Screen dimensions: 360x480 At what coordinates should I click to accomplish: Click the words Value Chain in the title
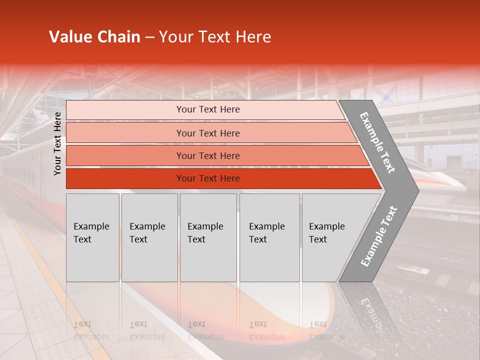[94, 37]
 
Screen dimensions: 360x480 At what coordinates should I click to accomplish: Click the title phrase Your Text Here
[215, 37]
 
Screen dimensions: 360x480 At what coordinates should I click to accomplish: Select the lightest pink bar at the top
[125, 110]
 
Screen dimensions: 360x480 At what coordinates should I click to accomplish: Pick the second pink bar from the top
[125, 133]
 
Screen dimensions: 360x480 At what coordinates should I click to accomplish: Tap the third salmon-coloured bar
[125, 155]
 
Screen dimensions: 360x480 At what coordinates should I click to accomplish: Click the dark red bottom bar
[125, 178]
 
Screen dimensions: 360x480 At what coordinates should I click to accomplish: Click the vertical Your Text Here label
[57, 143]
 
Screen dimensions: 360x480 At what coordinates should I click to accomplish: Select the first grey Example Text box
[92, 237]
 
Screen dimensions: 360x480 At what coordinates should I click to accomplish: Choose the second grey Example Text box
[149, 237]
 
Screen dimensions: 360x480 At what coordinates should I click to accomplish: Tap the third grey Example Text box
[208, 237]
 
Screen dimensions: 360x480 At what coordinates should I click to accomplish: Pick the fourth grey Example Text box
[269, 237]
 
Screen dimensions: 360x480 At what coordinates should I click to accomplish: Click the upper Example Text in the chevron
[377, 142]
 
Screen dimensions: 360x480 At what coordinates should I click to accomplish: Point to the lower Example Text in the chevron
[379, 236]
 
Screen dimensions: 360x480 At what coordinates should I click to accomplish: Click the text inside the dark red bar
[208, 178]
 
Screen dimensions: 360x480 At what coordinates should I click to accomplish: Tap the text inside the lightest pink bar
[208, 109]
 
